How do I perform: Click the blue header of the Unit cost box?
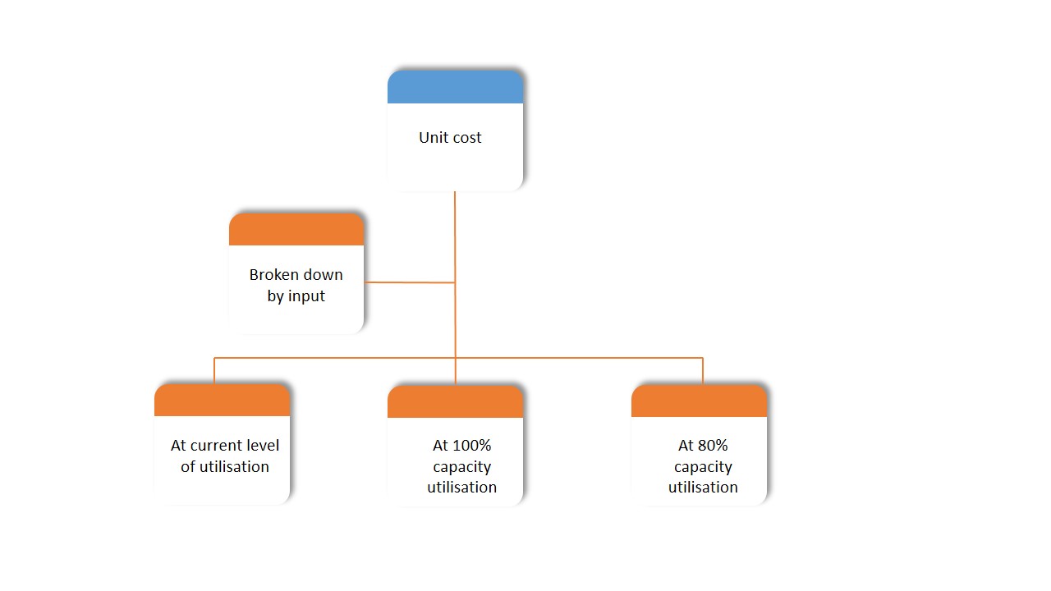(455, 87)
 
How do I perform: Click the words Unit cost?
(450, 138)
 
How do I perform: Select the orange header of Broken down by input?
(296, 230)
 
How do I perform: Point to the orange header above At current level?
(222, 401)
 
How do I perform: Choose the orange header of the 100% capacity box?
(455, 402)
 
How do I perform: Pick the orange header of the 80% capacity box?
(699, 401)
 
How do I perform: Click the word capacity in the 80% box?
(703, 467)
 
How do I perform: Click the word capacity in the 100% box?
(461, 467)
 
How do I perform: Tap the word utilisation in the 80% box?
(703, 488)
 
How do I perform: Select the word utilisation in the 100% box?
(461, 488)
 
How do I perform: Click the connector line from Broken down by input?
(409, 282)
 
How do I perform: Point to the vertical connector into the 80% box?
(703, 371)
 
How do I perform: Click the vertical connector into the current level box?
(214, 371)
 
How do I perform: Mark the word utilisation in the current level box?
(235, 467)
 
